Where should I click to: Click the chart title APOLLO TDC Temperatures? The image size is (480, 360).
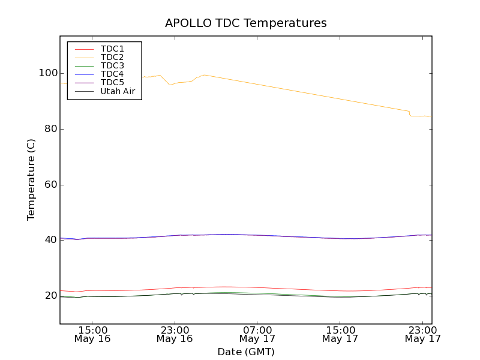coord(246,23)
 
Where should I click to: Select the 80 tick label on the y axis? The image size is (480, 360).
coord(50,129)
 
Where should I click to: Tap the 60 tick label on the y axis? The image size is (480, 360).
coord(50,184)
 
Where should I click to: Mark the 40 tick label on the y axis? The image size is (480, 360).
coord(50,240)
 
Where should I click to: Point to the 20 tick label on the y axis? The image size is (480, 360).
coord(50,295)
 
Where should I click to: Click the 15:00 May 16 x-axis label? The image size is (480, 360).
coord(92,334)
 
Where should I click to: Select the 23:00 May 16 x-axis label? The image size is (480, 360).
coord(175,334)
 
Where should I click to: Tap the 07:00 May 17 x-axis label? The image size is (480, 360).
coord(257,334)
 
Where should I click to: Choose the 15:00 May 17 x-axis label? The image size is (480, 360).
coord(340,334)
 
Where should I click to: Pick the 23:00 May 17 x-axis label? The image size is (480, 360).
coord(423,334)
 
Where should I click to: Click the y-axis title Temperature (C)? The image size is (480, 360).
coord(31,179)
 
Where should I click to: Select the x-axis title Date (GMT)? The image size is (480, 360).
coord(246,352)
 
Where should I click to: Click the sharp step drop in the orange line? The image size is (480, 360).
coord(410,113)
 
